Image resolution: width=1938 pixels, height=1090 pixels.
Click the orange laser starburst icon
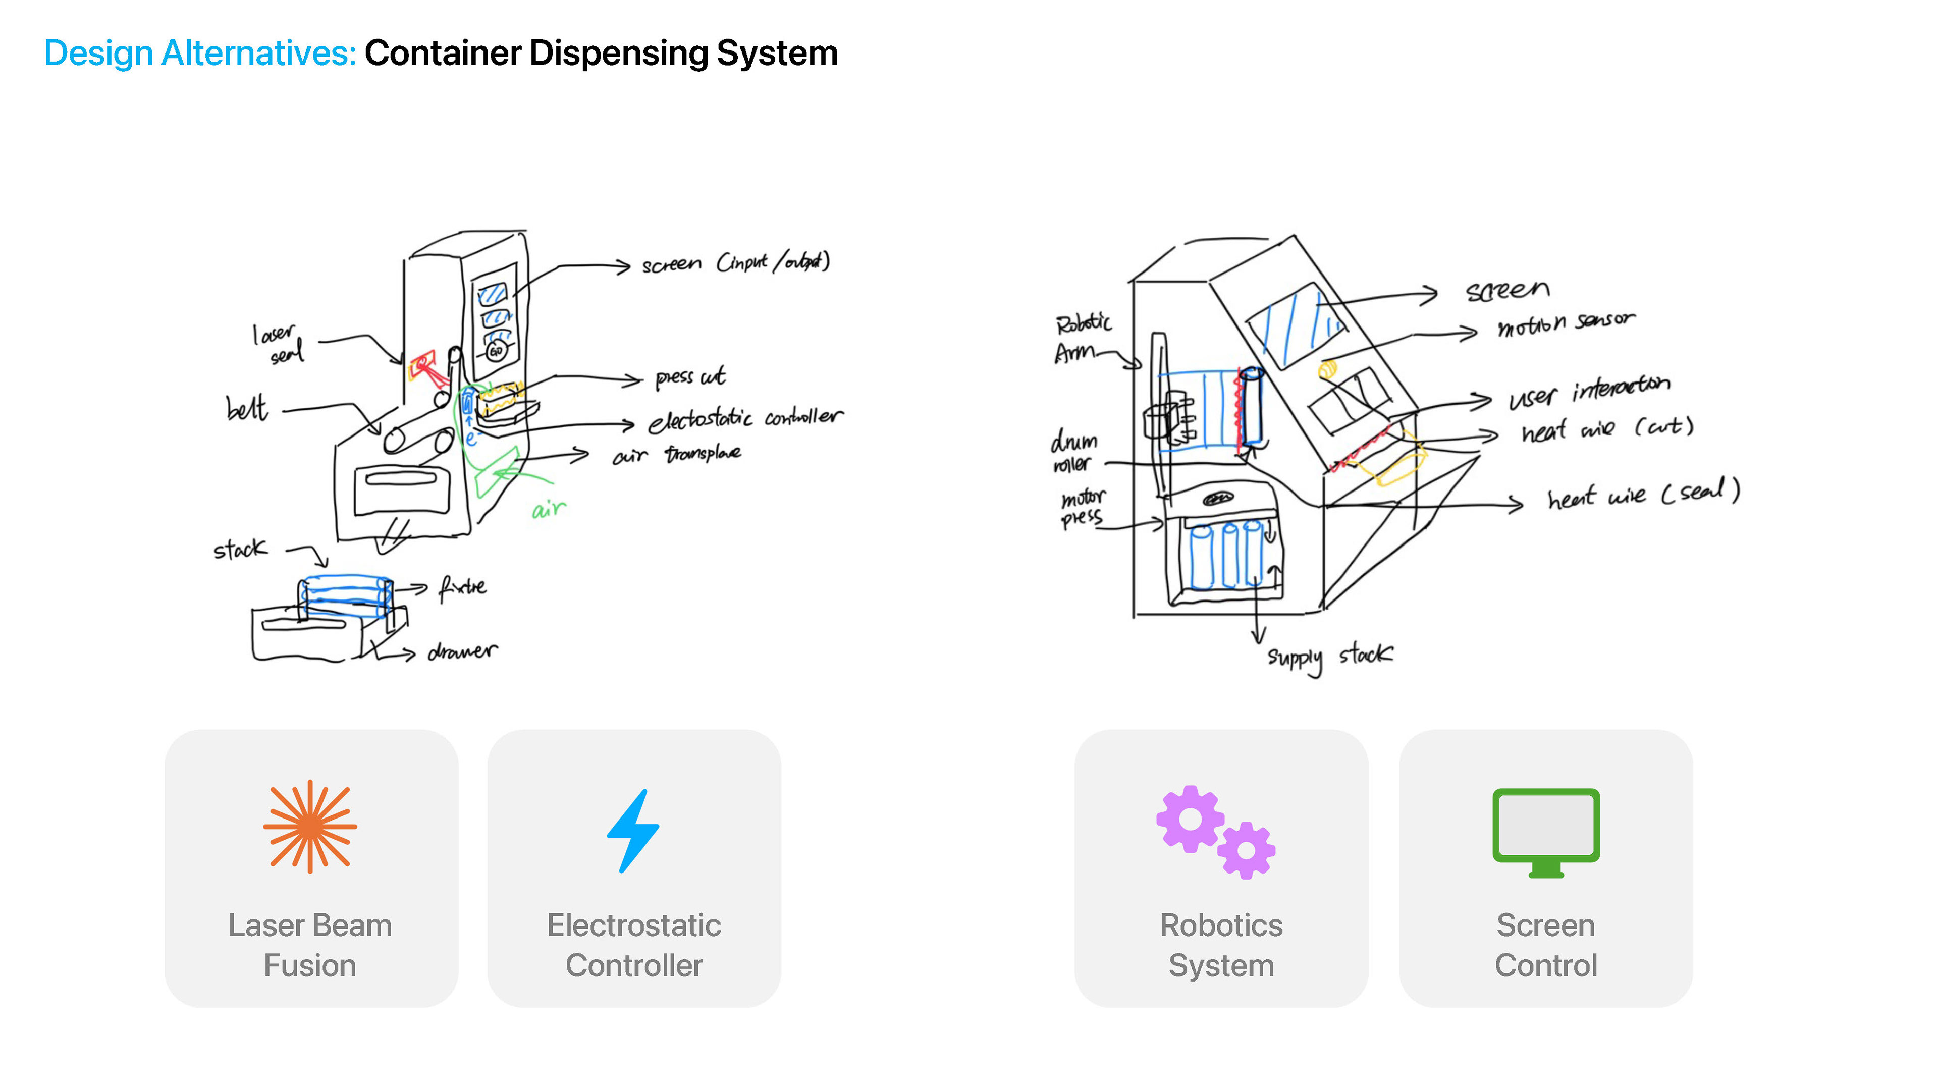tap(310, 826)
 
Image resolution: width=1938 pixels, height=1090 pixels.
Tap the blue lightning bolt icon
tap(633, 831)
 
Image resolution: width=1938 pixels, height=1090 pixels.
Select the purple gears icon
tap(1215, 831)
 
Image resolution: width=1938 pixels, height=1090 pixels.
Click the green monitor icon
tap(1546, 831)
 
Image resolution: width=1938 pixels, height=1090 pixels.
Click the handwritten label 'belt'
tap(247, 408)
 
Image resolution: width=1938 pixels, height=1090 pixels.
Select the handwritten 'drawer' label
tap(462, 651)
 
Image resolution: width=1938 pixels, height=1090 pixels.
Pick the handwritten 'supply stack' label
tap(1329, 657)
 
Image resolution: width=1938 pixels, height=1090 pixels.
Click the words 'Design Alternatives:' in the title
tap(199, 53)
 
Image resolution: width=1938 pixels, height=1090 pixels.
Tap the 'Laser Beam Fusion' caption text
tap(310, 945)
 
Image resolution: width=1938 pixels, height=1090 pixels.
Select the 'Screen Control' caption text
tap(1546, 945)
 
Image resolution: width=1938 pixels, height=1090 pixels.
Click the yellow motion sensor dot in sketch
tap(1328, 369)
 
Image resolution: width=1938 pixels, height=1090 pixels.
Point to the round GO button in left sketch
tap(496, 351)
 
